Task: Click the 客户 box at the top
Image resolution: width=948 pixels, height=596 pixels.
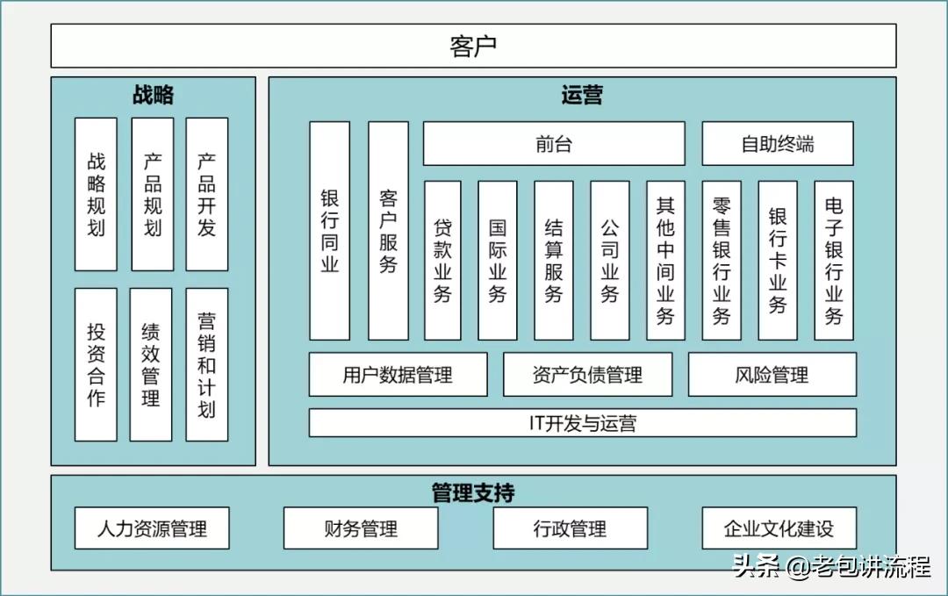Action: click(473, 46)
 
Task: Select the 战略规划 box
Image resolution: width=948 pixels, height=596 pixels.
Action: click(96, 194)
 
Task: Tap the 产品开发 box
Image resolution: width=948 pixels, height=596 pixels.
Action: click(207, 194)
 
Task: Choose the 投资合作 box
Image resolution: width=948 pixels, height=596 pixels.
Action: click(96, 364)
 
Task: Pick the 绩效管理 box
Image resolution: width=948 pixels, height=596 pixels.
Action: click(151, 364)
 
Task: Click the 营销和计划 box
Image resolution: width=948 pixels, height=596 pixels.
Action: click(207, 364)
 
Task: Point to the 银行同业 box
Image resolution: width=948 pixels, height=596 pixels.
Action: click(329, 230)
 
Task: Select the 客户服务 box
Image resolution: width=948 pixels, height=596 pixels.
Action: click(388, 230)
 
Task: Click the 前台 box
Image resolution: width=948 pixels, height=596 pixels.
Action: click(554, 144)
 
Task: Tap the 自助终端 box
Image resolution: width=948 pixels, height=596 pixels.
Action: click(777, 144)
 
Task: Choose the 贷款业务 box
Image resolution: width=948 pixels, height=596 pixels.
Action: click(442, 260)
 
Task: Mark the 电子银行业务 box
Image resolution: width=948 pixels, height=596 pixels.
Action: click(834, 260)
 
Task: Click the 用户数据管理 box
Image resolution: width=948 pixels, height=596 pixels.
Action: click(398, 375)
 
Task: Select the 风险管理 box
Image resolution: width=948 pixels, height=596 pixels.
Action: click(772, 375)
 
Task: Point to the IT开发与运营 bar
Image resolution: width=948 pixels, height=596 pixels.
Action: click(582, 423)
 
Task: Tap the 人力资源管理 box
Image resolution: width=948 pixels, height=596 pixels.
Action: click(152, 528)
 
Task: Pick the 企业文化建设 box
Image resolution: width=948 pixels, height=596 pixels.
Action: click(779, 528)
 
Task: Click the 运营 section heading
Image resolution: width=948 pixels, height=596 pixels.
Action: click(581, 95)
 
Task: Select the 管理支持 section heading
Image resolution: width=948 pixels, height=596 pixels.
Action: click(473, 492)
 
